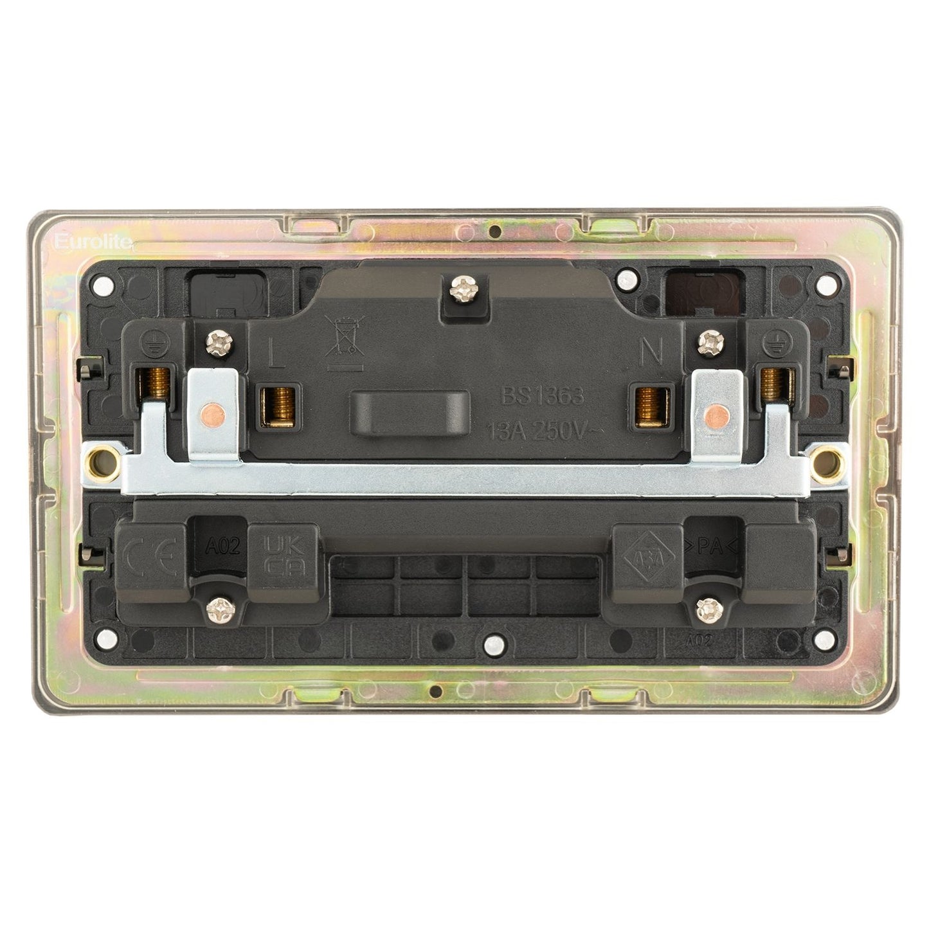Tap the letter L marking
pos(273,353)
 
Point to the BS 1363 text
pos(542,395)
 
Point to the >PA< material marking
pos(715,548)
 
